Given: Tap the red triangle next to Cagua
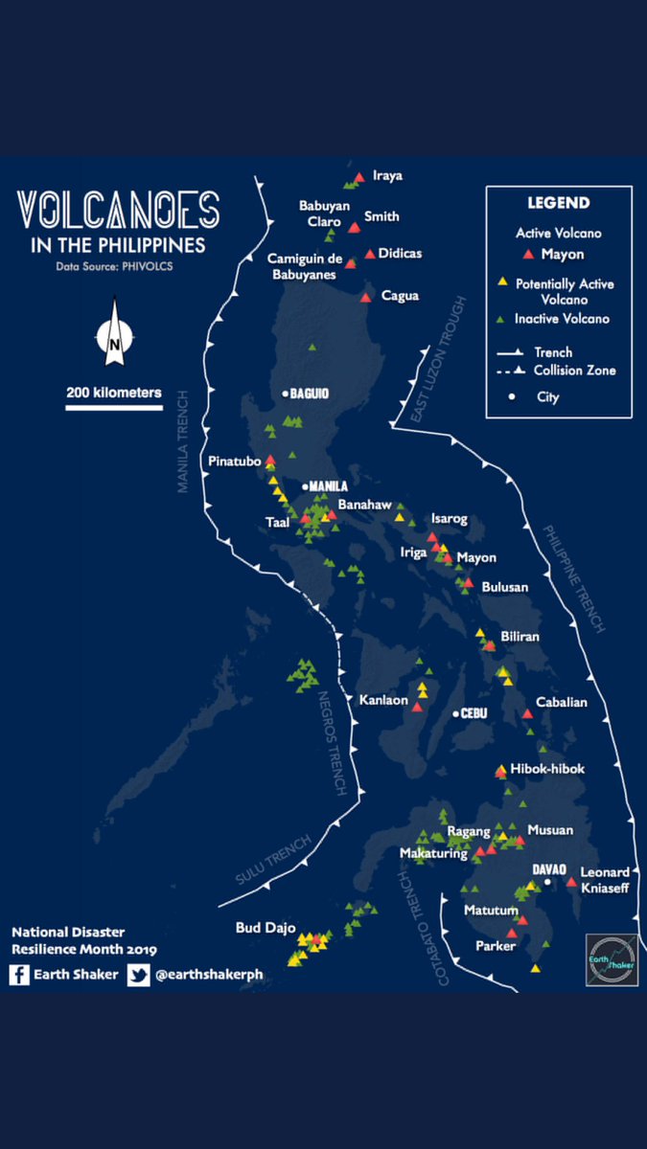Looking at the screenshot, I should click(365, 298).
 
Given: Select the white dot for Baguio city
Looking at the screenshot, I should click(285, 394).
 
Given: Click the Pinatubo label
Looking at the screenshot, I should click(235, 462).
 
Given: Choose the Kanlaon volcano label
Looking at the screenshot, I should click(383, 701).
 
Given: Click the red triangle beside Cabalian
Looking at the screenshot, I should click(527, 713).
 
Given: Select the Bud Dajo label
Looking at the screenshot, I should click(263, 928).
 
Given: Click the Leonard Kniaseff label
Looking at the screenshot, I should click(606, 880).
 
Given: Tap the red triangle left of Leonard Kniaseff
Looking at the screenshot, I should click(571, 881).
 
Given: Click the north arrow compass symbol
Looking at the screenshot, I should click(113, 333).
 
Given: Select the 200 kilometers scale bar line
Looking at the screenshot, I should click(113, 407).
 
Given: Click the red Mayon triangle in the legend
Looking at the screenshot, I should click(526, 255).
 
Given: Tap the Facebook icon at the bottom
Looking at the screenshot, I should click(18, 976).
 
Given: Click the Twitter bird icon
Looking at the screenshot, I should click(138, 976).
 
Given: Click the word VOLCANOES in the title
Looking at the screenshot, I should click(118, 212).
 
